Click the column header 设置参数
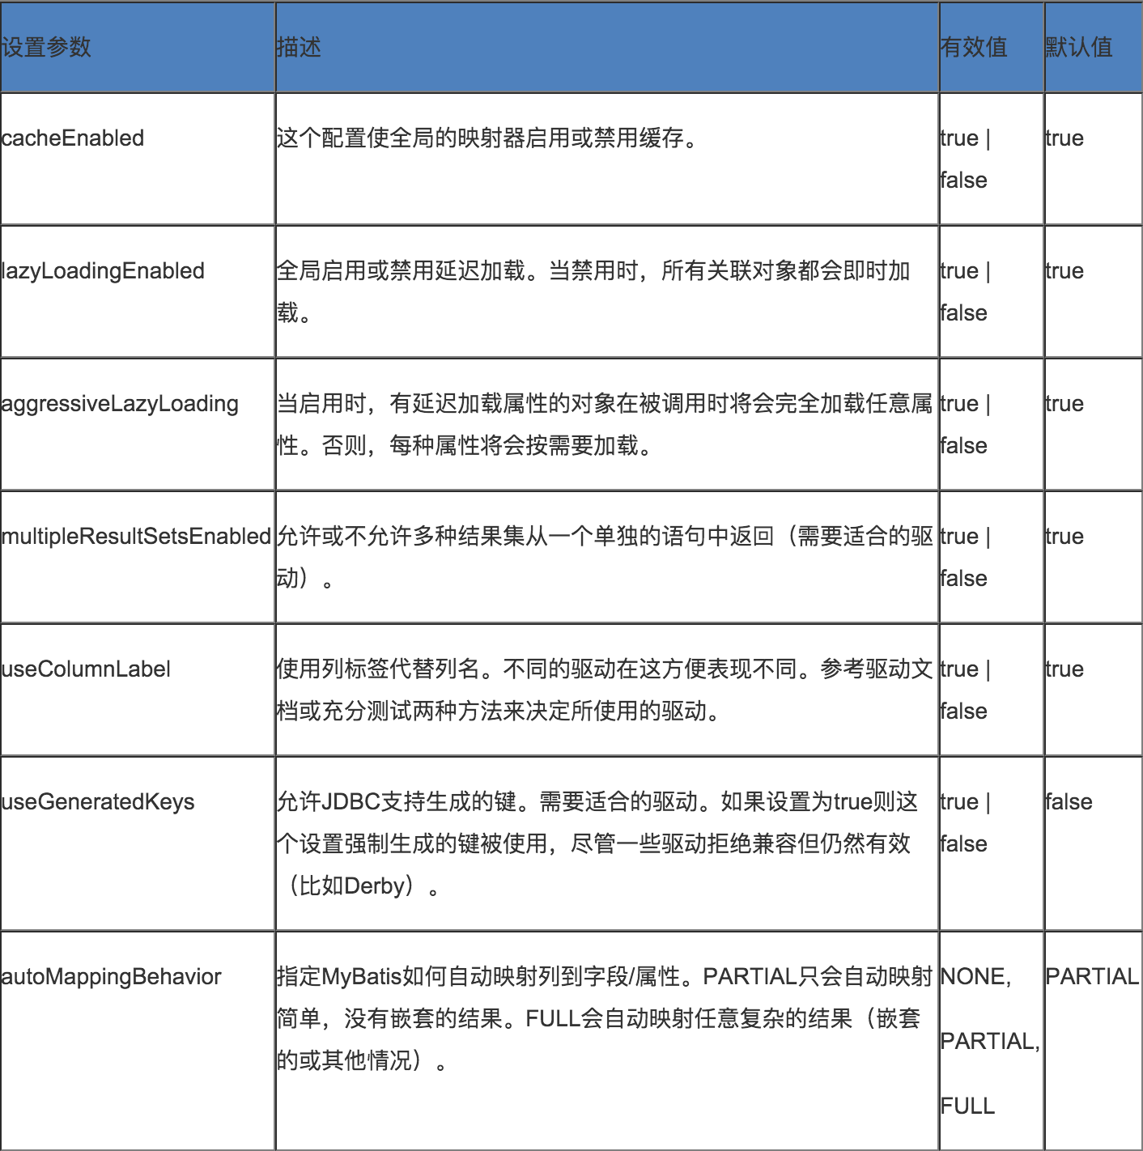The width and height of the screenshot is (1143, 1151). point(46,48)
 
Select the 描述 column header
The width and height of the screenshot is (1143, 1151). point(299,48)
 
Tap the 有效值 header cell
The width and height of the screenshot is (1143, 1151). point(974,48)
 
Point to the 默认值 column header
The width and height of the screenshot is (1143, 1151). point(1079,48)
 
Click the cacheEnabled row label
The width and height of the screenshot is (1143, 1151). point(73,138)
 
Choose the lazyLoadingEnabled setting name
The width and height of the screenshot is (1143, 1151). point(104,271)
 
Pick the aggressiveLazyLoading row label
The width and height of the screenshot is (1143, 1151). point(121,404)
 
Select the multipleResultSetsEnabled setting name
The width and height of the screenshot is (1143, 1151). point(137,537)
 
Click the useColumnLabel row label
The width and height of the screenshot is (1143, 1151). point(87,669)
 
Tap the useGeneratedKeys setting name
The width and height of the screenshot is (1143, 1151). point(98,802)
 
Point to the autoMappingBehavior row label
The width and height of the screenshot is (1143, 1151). point(112,977)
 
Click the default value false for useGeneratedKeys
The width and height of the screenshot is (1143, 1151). point(1069,802)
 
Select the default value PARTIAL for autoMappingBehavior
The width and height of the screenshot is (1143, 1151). point(1092,977)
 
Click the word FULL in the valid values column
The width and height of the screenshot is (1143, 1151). point(967,1106)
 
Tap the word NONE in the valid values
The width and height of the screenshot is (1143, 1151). point(973,977)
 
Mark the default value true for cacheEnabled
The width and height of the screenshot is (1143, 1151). point(1064,138)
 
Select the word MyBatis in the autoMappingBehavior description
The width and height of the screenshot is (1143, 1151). point(362,977)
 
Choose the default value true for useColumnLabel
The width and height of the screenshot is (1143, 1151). point(1064,669)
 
